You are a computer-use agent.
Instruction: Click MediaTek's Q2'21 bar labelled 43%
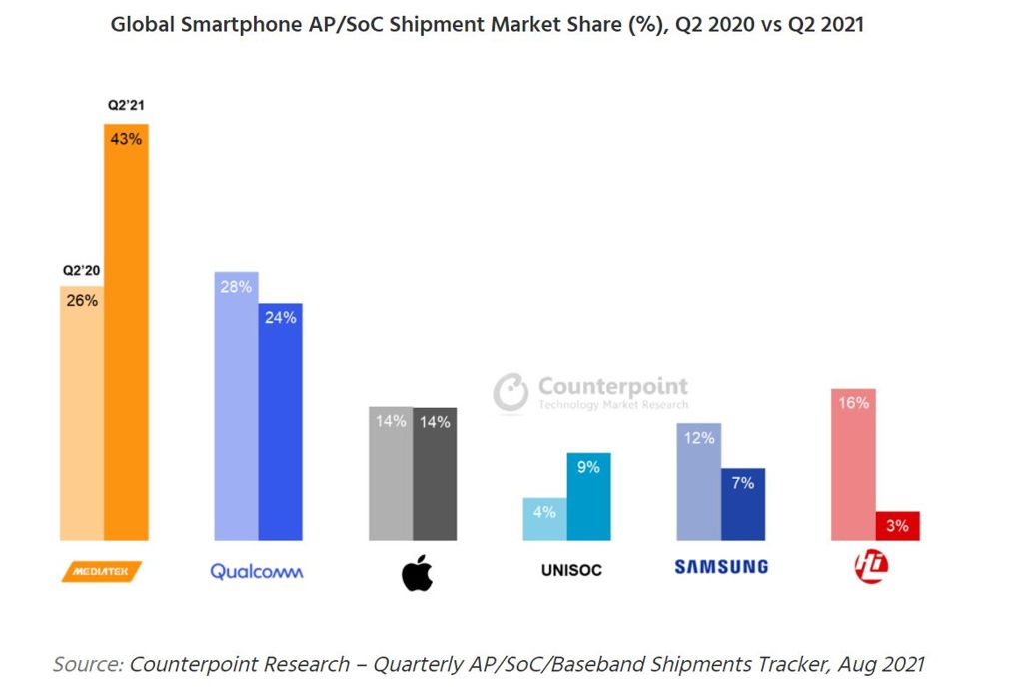126,330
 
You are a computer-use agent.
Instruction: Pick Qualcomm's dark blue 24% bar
280,420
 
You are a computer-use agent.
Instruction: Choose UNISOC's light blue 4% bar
544,518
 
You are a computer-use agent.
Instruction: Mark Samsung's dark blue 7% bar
743,504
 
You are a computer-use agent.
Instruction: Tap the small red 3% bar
897,526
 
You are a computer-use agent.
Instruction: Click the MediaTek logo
102,571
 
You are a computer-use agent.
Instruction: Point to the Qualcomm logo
257,572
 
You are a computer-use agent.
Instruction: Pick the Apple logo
417,572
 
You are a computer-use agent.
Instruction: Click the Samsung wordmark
721,567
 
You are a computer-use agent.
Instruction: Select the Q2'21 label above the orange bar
126,105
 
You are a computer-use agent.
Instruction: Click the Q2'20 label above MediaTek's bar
82,270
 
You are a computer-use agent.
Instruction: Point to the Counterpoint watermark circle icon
511,392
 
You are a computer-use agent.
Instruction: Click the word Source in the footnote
87,663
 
